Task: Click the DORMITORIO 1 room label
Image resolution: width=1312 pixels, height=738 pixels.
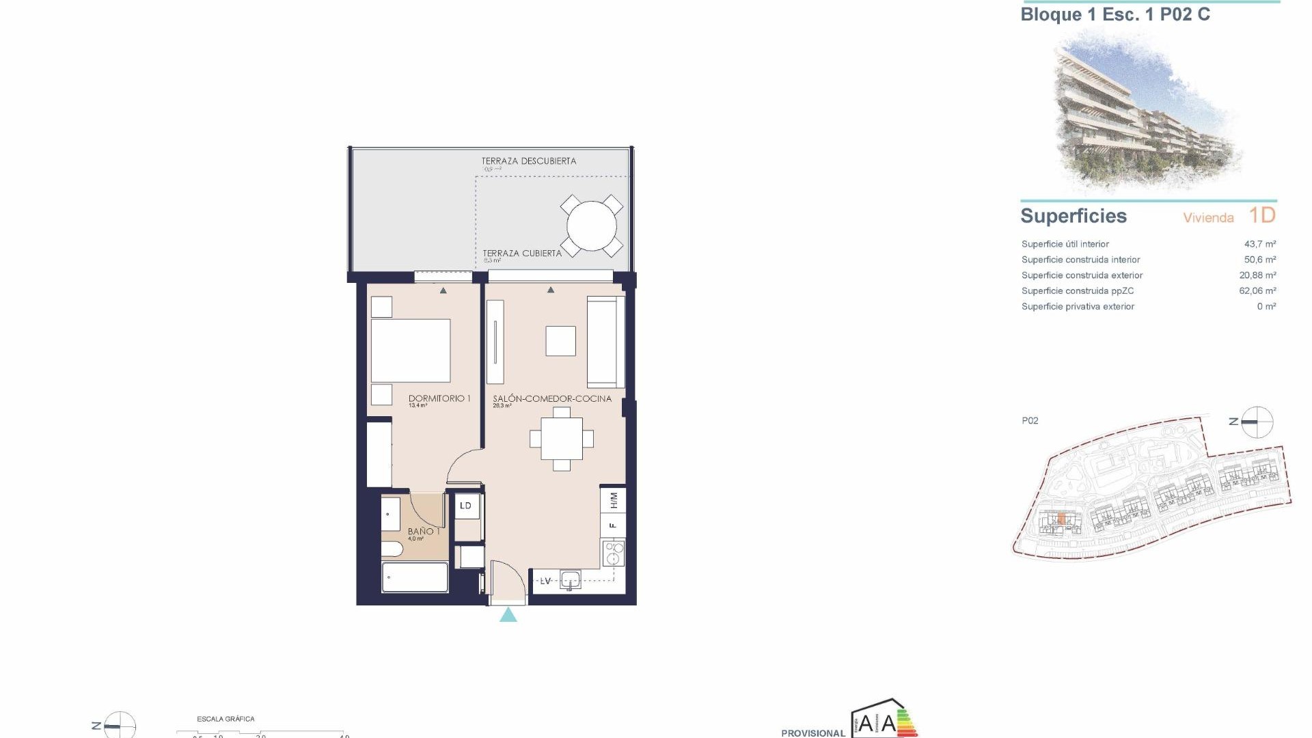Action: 439,398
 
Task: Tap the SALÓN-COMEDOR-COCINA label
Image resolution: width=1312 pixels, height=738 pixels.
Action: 552,398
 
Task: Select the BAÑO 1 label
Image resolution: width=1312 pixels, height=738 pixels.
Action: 423,531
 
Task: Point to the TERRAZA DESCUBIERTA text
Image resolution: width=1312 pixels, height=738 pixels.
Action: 529,161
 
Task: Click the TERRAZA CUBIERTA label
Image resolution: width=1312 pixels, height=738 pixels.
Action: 522,253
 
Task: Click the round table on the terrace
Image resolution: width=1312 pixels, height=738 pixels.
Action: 592,225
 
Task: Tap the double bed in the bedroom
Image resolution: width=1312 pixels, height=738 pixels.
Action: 411,351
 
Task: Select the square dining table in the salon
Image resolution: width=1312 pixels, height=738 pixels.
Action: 562,439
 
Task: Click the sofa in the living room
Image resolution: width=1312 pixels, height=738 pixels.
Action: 605,342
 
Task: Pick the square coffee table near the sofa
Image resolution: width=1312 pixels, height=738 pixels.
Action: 560,341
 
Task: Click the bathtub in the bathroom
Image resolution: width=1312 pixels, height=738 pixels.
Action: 415,578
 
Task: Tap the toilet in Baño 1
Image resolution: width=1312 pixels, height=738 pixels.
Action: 392,550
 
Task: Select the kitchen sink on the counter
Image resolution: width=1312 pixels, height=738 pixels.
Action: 570,581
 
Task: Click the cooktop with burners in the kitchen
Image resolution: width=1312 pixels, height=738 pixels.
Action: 613,553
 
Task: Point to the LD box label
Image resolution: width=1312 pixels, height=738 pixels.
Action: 466,506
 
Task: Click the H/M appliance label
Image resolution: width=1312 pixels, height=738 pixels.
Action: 613,500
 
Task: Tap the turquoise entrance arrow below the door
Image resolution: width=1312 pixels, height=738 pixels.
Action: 508,615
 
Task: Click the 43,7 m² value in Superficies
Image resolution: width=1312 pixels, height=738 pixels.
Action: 1260,244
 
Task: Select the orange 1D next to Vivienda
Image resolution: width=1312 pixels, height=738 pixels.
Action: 1262,216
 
